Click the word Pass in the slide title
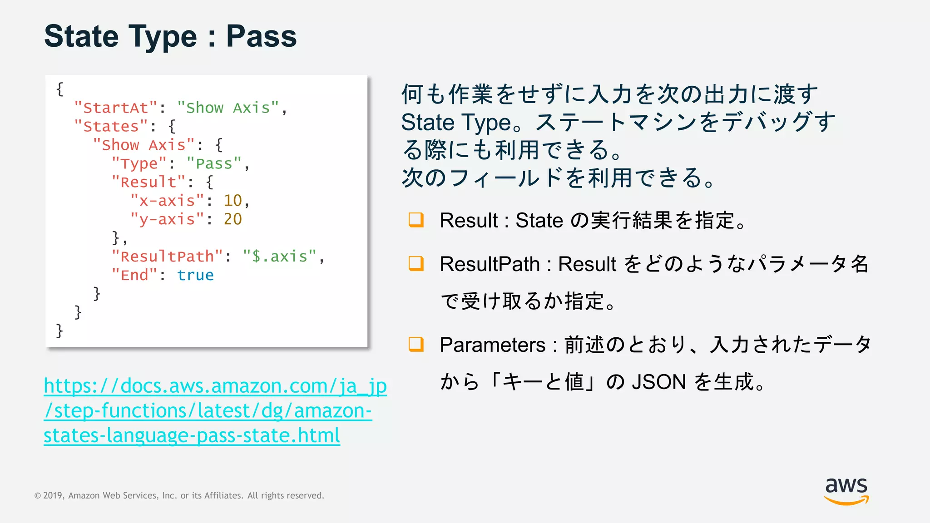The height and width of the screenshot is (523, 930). pos(261,36)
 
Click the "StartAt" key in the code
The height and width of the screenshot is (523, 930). pos(116,108)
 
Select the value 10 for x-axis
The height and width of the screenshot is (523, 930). pos(232,201)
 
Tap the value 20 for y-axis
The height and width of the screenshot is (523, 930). pos(232,219)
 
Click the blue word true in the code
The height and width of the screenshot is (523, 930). pos(195,275)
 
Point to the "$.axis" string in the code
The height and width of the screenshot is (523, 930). pos(279,257)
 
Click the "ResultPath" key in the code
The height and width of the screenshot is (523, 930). pos(167,257)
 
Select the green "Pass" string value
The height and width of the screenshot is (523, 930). pos(214,163)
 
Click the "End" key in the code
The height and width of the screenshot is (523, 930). pos(134,275)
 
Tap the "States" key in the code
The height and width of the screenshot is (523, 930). pos(111,127)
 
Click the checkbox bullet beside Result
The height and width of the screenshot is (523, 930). pos(416,220)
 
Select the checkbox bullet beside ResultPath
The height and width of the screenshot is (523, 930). pos(416,263)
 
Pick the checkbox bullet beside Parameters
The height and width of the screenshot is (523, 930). pos(416,344)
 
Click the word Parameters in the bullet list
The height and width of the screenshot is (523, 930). pos(492,345)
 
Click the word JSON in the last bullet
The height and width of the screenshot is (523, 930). pos(658,382)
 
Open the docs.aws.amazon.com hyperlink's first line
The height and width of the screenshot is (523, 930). pos(215,386)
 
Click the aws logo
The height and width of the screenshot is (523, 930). pos(846,490)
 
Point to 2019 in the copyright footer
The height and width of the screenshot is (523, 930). pos(53,496)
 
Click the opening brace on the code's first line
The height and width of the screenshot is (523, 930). pos(60,89)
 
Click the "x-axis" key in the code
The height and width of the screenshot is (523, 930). pos(167,201)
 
